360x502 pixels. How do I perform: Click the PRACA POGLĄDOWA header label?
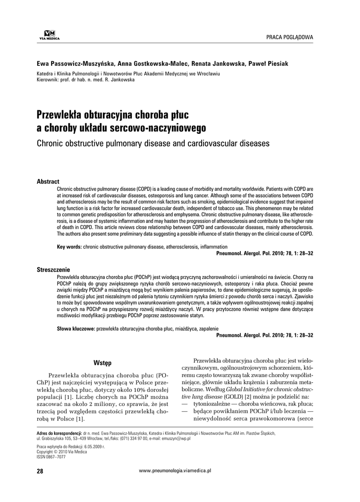coord(289,38)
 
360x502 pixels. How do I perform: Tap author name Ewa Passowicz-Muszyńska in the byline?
coord(77,64)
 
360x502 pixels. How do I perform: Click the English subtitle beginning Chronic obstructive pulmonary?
coord(153,144)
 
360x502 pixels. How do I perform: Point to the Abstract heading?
coord(48,181)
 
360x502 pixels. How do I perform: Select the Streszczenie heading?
coord(53,270)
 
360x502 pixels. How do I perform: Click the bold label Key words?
coord(69,247)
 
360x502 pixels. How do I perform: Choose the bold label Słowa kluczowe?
coord(76,328)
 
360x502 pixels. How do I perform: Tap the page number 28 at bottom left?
coord(40,471)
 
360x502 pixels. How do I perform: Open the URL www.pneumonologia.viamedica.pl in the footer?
coord(175,470)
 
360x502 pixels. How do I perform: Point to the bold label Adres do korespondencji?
coord(60,433)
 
